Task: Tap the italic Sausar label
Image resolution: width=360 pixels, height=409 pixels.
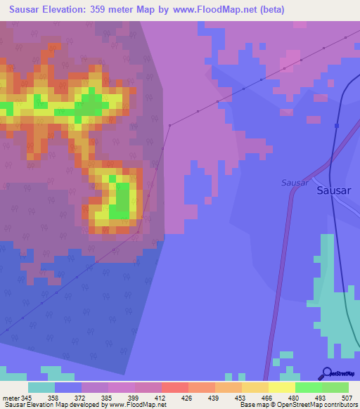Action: point(295,182)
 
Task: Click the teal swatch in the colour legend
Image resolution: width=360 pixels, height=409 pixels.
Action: point(41,387)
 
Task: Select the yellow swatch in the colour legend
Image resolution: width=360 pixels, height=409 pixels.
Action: point(281,387)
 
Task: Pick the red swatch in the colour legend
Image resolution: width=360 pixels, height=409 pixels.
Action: point(174,387)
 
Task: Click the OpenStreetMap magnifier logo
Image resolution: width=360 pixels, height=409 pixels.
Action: point(326,373)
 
